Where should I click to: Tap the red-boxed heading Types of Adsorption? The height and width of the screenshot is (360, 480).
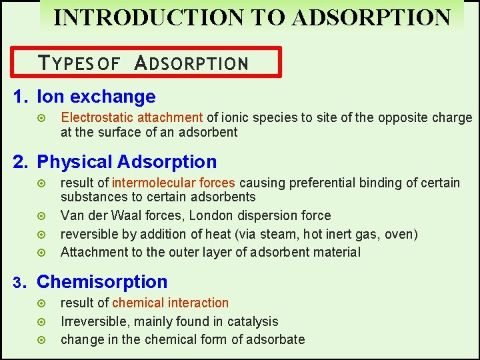pos(144,63)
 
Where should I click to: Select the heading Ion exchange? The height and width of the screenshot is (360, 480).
pos(96,97)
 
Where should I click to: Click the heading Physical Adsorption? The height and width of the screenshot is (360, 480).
pos(127,162)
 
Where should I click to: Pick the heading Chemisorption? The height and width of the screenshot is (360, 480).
pos(102,282)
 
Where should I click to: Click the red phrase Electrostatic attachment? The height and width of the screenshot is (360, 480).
pos(132,117)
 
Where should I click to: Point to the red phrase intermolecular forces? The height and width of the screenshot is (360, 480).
pos(173,183)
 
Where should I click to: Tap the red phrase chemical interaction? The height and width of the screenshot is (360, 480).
pos(170,303)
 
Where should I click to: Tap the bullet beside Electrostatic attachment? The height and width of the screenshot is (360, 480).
pos(43,118)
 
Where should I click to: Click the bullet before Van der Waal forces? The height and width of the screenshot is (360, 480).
pos(43,216)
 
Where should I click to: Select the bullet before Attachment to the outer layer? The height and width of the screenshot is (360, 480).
pos(43,253)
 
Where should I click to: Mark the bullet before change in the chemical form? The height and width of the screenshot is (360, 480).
pos(43,340)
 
